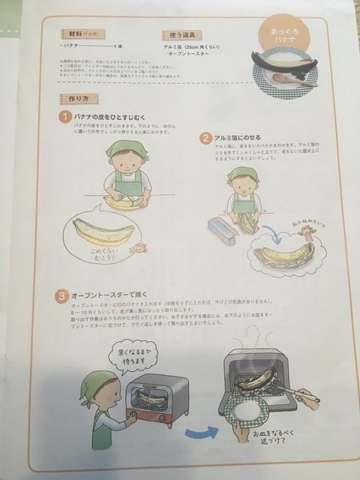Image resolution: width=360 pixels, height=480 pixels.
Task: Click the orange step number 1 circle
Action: [x=67, y=118]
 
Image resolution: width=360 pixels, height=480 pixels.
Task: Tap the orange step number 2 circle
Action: [x=205, y=139]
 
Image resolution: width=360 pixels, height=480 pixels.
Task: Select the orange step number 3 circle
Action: [x=62, y=298]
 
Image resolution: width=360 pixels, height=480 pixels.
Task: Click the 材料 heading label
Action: [x=76, y=34]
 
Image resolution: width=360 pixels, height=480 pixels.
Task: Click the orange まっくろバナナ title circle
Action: [x=272, y=35]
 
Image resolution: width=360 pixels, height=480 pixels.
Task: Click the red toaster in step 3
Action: [x=159, y=401]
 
